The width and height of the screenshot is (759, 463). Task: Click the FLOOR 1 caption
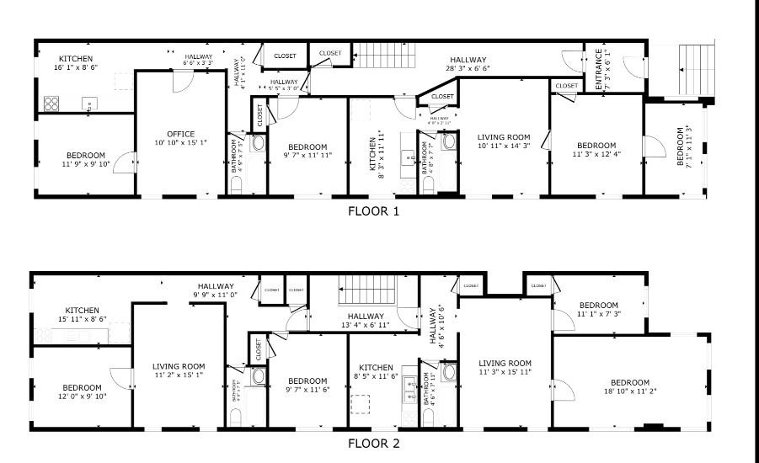click(x=373, y=211)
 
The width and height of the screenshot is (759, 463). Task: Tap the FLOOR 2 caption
click(x=373, y=443)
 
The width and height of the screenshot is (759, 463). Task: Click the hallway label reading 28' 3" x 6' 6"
click(x=469, y=64)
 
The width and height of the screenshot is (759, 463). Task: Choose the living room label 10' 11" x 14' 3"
click(x=504, y=141)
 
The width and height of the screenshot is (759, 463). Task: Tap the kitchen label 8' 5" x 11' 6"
click(x=376, y=373)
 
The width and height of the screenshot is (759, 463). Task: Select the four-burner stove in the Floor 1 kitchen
click(x=51, y=104)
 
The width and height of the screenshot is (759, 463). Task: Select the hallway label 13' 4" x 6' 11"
click(x=366, y=320)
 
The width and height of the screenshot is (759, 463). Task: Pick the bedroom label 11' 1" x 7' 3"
click(x=598, y=310)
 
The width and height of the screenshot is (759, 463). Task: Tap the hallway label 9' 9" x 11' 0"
click(x=216, y=290)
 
